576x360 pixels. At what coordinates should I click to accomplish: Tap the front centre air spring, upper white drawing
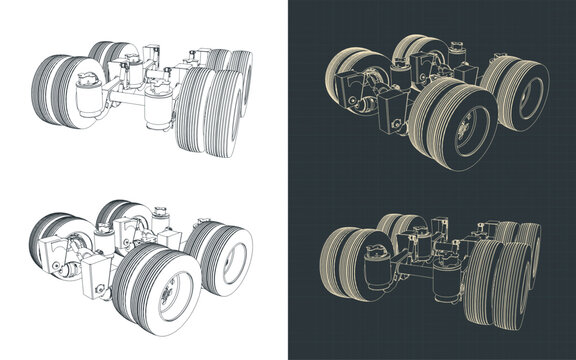(158, 108)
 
